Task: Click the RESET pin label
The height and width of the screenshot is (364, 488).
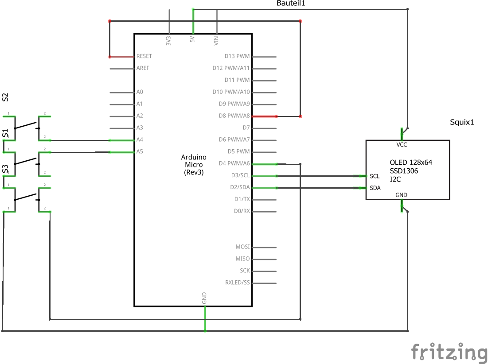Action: [x=144, y=56]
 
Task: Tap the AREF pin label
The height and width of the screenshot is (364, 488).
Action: [x=143, y=68]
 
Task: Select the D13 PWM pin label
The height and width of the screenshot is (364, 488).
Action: [x=237, y=56]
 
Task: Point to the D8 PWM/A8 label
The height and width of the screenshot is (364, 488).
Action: [x=234, y=116]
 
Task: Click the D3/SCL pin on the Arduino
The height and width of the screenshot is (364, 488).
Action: [x=240, y=175]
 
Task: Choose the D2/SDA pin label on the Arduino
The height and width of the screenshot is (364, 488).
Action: [x=240, y=187]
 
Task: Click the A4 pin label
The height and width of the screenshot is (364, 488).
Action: [x=140, y=139]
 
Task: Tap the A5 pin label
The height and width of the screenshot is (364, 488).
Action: [x=140, y=151]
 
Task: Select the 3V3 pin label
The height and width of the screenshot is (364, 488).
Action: [x=168, y=41]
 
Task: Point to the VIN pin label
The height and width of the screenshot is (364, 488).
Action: [x=216, y=41]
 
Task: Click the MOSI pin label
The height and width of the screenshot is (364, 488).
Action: [x=242, y=247]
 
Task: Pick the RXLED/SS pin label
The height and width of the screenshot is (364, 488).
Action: [x=237, y=283]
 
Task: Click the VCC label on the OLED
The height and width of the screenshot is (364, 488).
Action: [x=402, y=145]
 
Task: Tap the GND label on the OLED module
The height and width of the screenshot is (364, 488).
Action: [x=401, y=195]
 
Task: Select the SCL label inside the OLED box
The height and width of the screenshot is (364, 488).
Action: [x=375, y=176]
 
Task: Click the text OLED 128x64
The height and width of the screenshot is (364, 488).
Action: [x=411, y=163]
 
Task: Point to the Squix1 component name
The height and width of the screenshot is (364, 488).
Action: [x=462, y=122]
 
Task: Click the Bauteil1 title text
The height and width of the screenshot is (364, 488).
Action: [x=291, y=3]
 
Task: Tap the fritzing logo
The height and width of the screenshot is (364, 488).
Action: [x=449, y=352]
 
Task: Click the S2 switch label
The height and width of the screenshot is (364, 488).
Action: [x=5, y=97]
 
